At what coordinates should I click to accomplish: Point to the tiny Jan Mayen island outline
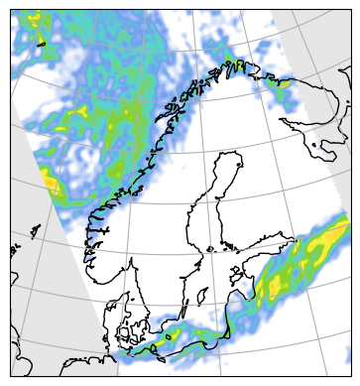(x=43, y=44)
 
